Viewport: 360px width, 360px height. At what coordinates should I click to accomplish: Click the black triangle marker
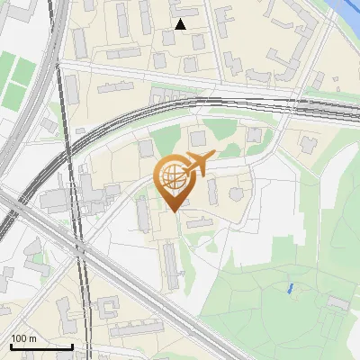(181, 24)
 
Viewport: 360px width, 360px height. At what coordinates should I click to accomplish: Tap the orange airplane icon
(199, 164)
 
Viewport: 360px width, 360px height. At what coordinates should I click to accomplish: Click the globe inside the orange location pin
(172, 177)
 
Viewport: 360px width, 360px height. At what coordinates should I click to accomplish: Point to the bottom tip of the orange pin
(173, 211)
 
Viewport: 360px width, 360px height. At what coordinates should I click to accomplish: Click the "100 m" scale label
(23, 338)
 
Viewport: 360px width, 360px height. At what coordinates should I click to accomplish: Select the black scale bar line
(41, 346)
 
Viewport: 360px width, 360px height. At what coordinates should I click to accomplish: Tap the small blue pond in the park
(289, 289)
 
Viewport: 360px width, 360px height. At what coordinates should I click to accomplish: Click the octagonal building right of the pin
(236, 193)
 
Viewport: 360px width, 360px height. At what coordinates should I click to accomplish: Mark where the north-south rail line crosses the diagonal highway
(81, 252)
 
